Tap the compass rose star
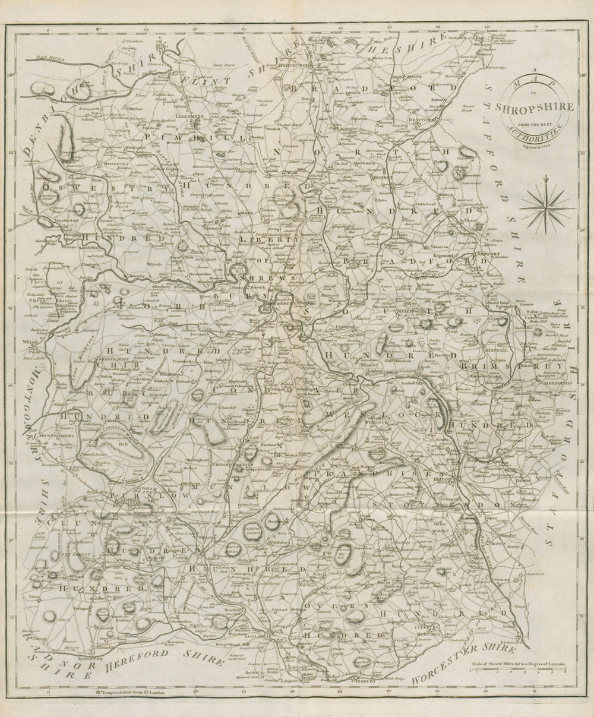click(x=545, y=206)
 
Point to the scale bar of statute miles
click(x=517, y=670)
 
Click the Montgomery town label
click(x=58, y=436)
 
